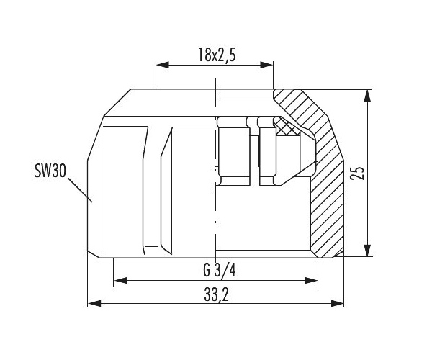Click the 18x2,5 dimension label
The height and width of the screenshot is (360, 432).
pyautogui.click(x=217, y=55)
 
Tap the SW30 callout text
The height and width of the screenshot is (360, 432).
pyautogui.click(x=50, y=171)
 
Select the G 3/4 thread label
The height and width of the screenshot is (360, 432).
pyautogui.click(x=220, y=270)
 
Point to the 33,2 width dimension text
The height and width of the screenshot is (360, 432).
pyautogui.click(x=216, y=294)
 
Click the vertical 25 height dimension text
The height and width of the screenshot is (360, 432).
pyautogui.click(x=357, y=174)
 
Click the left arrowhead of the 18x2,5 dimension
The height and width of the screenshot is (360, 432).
pyautogui.click(x=162, y=65)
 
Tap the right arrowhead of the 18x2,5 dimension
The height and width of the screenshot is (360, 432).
pyautogui.click(x=266, y=65)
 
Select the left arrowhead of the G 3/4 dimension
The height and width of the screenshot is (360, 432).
pyautogui.click(x=120, y=281)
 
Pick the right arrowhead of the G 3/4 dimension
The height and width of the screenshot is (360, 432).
pyautogui.click(x=311, y=281)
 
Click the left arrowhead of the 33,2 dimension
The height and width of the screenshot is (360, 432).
pyautogui.click(x=94, y=304)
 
